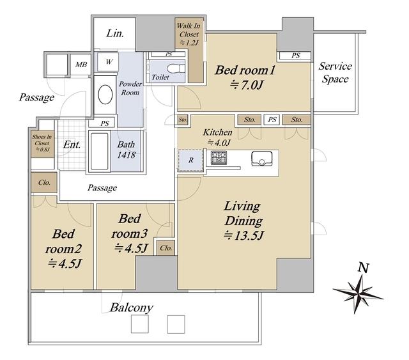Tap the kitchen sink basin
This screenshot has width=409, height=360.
tap(261, 159)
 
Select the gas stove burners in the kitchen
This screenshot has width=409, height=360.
tap(219, 158)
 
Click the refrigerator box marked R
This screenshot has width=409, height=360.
tap(190, 160)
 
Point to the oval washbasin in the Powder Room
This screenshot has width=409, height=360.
tap(105, 95)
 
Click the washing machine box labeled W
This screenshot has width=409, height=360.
tap(108, 61)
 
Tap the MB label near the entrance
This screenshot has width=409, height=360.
tap(81, 65)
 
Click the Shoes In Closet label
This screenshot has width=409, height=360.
tap(42, 143)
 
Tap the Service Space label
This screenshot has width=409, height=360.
tap(335, 72)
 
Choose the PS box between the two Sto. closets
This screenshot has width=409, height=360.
tap(272, 120)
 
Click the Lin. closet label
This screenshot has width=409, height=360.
tap(115, 33)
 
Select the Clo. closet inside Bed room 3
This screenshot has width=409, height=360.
tap(166, 247)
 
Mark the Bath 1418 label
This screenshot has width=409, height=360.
tap(127, 150)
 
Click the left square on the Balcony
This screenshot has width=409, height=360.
tap(139, 324)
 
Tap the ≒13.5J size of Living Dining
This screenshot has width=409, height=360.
tap(243, 236)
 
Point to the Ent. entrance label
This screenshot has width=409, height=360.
tap(72, 145)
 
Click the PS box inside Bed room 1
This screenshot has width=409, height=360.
tap(295, 56)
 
